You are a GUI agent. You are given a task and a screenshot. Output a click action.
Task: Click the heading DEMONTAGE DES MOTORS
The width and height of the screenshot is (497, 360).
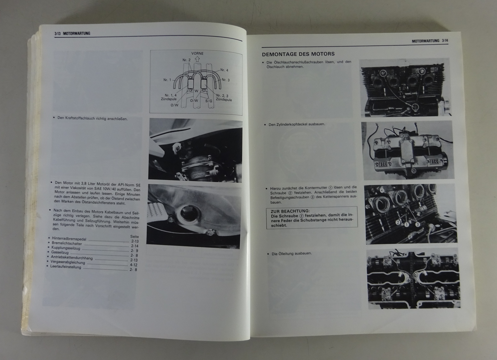point(298,54)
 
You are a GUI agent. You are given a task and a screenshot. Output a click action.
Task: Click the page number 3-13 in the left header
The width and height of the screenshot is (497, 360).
point(57,34)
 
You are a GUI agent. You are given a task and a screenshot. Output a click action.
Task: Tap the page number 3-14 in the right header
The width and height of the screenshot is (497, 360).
point(445,41)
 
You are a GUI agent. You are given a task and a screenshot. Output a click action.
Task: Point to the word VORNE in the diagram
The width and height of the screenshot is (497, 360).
point(197,53)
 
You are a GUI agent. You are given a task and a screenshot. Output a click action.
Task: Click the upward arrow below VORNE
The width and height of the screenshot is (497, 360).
point(197,59)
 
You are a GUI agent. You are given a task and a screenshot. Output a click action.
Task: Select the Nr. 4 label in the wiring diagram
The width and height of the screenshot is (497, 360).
point(224,70)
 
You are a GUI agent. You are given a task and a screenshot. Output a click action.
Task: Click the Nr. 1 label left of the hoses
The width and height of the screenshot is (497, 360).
point(167,80)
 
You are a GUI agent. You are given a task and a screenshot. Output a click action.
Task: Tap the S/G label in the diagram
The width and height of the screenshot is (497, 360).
point(208,101)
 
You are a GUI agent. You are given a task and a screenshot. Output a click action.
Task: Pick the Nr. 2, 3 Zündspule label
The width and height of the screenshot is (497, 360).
point(224,98)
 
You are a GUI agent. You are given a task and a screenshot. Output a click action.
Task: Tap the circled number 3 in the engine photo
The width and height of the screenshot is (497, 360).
point(417,224)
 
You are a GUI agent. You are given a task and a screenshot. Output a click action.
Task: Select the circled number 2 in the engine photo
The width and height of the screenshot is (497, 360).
point(398,222)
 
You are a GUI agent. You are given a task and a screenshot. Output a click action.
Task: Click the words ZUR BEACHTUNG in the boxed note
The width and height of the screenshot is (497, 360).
point(290,211)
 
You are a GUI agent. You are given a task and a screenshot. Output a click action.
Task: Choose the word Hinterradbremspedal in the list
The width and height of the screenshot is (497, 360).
point(69,239)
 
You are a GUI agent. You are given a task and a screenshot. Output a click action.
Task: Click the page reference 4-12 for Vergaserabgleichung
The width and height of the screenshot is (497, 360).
point(134,265)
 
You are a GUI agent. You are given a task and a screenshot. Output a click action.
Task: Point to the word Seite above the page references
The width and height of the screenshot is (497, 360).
point(135,236)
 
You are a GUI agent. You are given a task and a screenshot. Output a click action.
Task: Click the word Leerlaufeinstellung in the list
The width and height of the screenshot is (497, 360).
point(66,267)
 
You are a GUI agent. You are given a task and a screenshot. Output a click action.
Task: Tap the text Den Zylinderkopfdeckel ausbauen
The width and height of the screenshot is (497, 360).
point(297,124)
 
